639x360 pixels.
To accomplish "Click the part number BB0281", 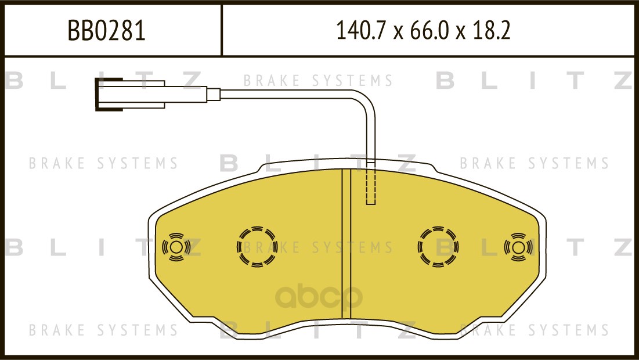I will (107, 31).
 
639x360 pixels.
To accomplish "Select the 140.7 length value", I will (360, 31).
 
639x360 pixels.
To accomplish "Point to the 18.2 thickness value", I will (492, 31).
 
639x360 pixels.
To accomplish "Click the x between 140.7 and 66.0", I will (397, 33).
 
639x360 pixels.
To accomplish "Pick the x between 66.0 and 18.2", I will (462, 33).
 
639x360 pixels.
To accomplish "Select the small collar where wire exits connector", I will (213, 93).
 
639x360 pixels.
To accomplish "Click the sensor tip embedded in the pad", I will (371, 189).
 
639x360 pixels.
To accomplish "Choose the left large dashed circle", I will (257, 247).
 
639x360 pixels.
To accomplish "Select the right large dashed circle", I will (438, 247).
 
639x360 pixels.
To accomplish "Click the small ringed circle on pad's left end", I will (175, 247).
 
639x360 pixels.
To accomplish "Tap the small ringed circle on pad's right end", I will (518, 247).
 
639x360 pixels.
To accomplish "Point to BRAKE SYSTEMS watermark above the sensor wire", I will (318, 81).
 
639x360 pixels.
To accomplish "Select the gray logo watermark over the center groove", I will (318, 298).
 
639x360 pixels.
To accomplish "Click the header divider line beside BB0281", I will (222, 31).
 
